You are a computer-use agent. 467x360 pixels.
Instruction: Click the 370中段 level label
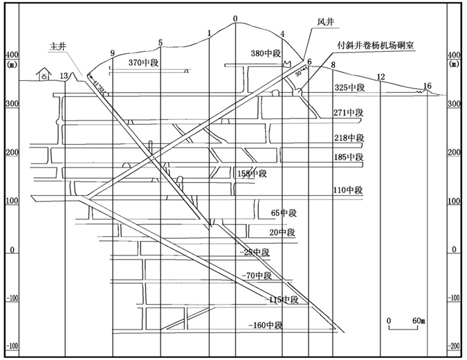tap(144, 63)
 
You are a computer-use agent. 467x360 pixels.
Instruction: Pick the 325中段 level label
tap(349, 88)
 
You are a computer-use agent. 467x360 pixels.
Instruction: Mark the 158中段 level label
tap(251, 174)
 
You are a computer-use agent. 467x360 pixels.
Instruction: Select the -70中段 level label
tap(259, 276)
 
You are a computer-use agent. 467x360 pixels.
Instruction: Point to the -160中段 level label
tap(266, 325)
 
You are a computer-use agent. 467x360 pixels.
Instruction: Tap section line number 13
tap(64, 75)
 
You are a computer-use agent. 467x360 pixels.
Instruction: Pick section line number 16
tap(427, 86)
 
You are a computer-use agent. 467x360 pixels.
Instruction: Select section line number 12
tap(380, 76)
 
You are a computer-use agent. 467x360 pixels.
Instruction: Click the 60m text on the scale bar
tap(417, 321)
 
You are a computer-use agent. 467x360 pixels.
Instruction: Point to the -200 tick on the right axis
tap(454, 345)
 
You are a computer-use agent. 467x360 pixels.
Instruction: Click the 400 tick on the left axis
tap(10, 55)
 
